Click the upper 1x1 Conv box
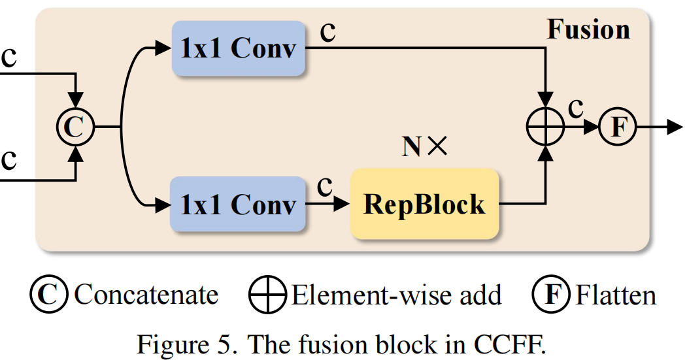pyautogui.click(x=238, y=48)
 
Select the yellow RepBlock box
pyautogui.click(x=424, y=204)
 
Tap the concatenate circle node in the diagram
pyautogui.click(x=76, y=126)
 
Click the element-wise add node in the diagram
pyautogui.click(x=545, y=126)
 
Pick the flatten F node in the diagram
pyautogui.click(x=617, y=126)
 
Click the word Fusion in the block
pyautogui.click(x=588, y=29)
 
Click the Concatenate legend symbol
pyautogui.click(x=49, y=295)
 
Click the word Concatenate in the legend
pyautogui.click(x=146, y=295)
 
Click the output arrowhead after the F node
pyautogui.click(x=675, y=126)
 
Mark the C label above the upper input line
pyautogui.click(x=9, y=57)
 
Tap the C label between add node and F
pyautogui.click(x=576, y=108)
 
